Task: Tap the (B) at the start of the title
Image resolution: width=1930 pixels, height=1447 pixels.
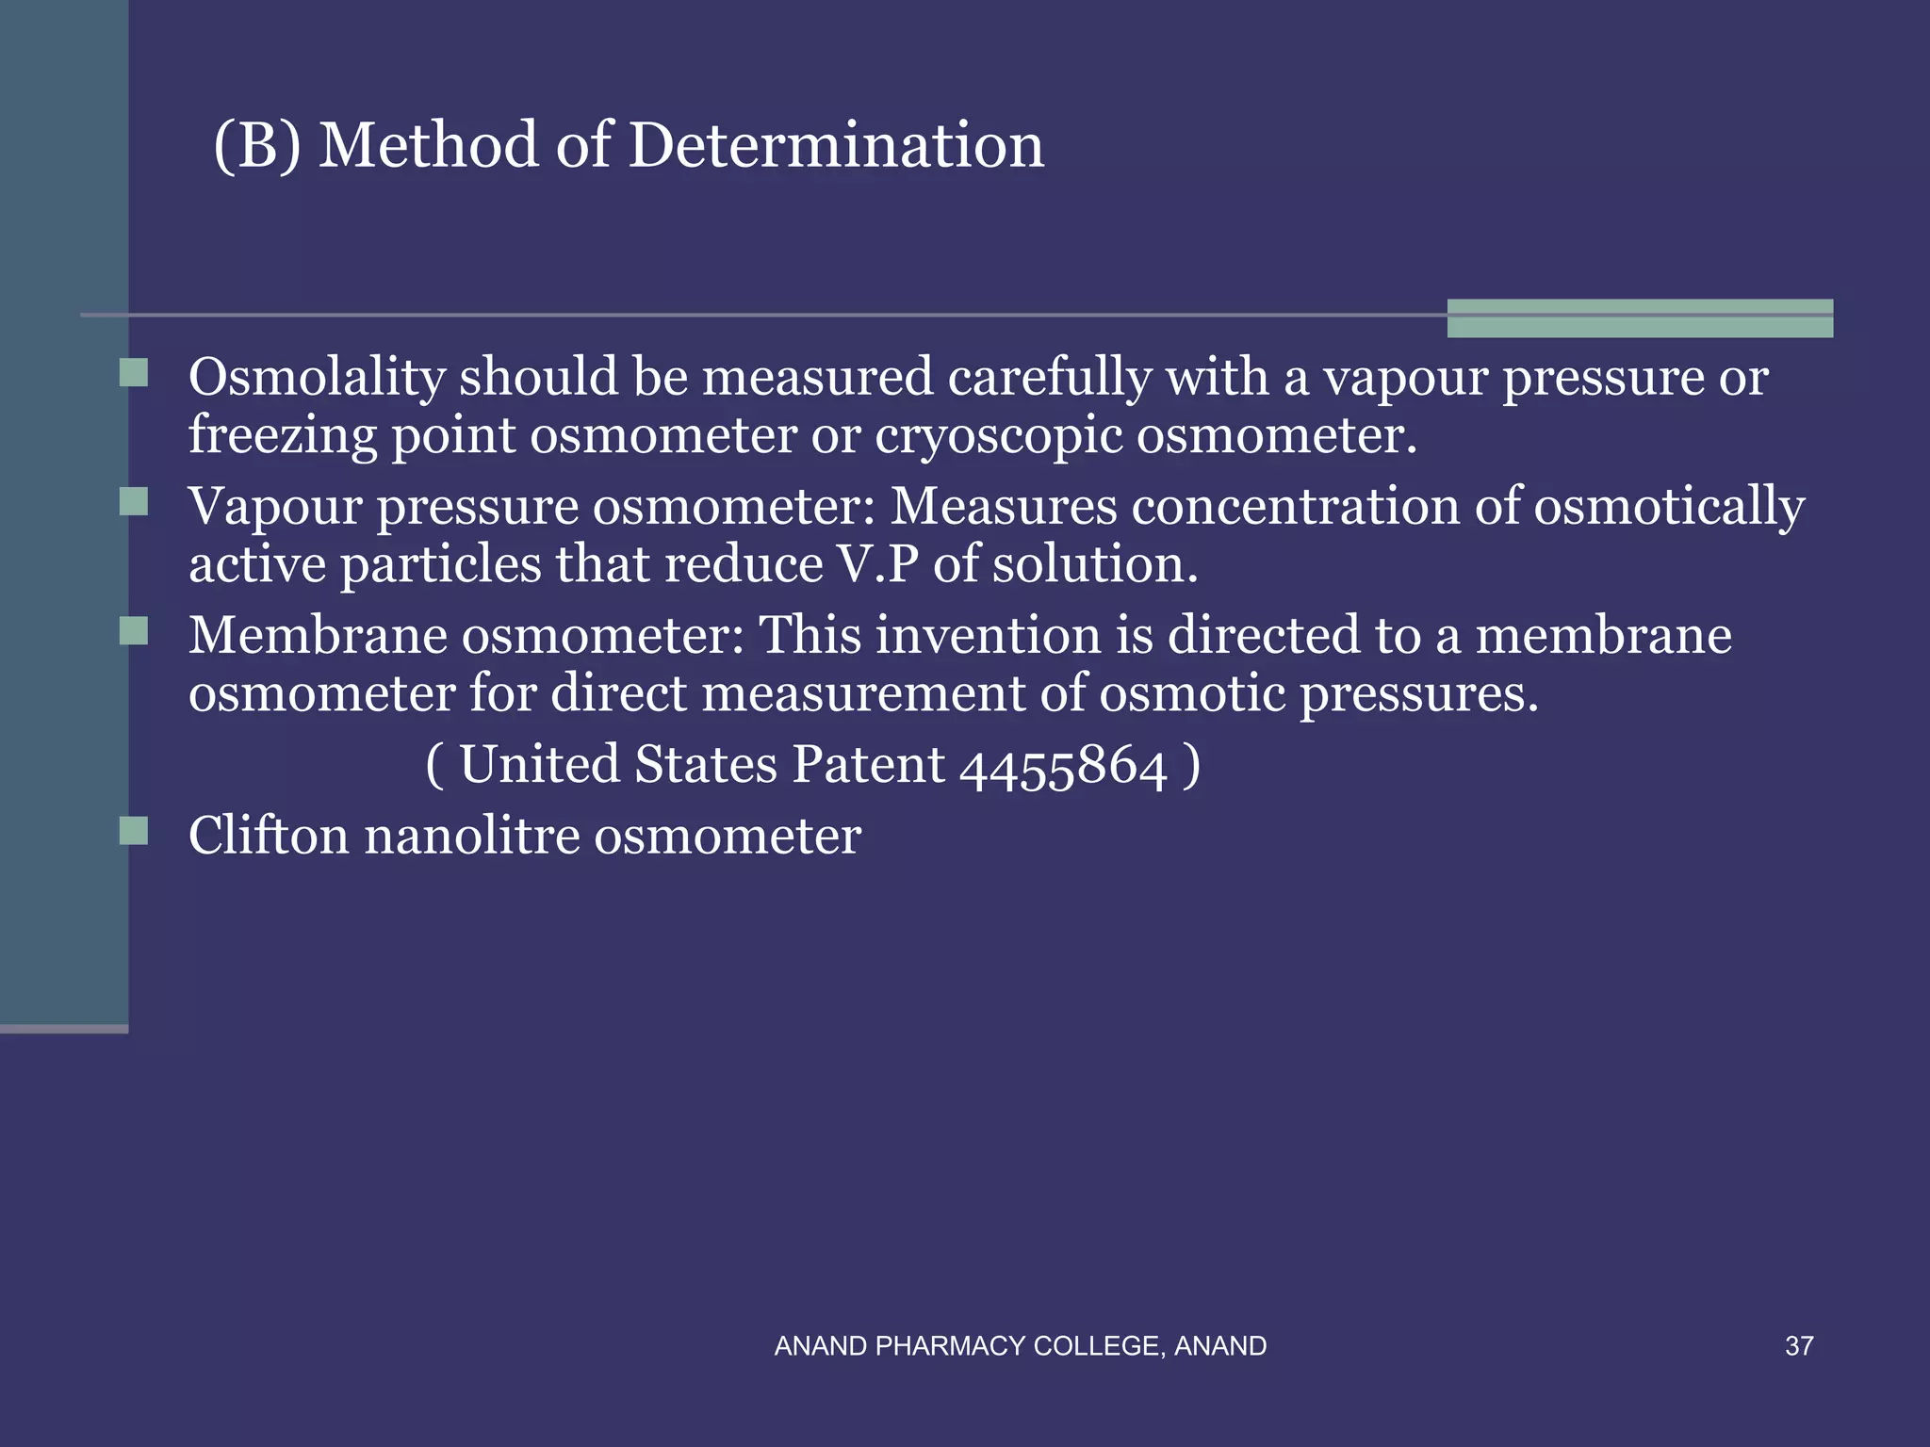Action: point(257,146)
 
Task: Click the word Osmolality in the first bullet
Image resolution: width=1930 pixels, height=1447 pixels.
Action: point(317,378)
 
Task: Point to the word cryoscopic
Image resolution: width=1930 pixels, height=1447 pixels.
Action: point(999,435)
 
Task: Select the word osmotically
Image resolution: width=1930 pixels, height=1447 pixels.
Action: point(1669,507)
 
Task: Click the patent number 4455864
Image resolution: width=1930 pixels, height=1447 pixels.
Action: point(1063,765)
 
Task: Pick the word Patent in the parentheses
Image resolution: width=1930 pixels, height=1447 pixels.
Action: point(868,764)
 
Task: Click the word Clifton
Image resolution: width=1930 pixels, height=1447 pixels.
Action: point(269,836)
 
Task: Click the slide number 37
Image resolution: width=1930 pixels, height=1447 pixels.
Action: point(1799,1346)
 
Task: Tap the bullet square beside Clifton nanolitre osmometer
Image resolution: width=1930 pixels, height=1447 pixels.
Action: point(135,831)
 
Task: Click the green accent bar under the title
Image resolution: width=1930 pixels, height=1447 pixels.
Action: point(1640,318)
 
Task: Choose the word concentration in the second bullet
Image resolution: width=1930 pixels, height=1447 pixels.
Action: point(1296,507)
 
